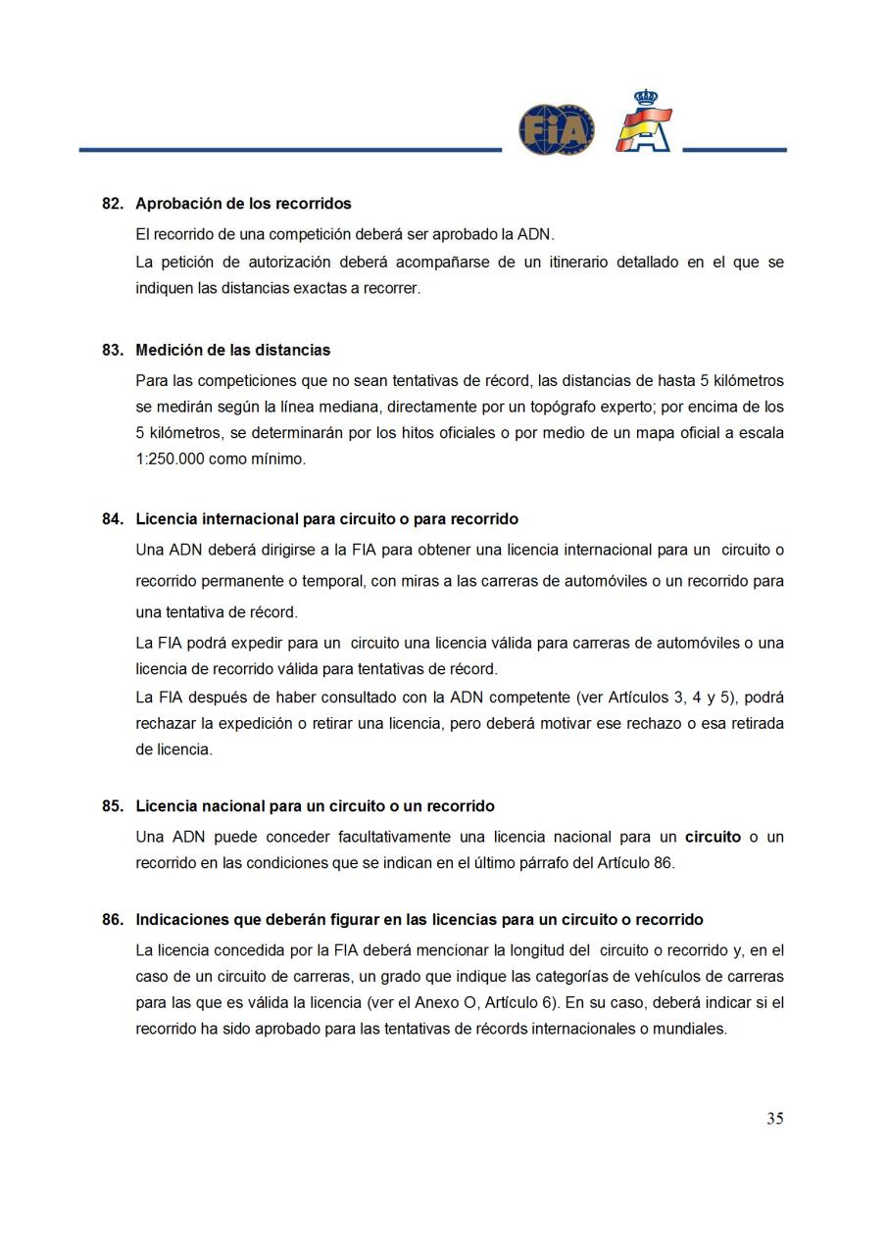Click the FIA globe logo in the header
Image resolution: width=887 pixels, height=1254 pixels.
point(556,130)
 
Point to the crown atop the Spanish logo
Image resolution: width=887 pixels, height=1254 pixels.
point(645,98)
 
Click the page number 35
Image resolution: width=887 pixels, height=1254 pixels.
point(774,1119)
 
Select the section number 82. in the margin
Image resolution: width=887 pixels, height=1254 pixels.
point(113,204)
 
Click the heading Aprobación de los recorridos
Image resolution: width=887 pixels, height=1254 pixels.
point(243,204)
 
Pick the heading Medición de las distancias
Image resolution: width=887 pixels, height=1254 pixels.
point(232,350)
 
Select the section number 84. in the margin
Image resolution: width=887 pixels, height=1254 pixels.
point(113,518)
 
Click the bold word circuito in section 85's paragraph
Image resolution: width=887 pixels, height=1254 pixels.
point(713,838)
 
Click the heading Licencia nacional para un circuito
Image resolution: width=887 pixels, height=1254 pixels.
point(315,806)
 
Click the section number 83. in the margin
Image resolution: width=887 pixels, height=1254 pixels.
point(113,350)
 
